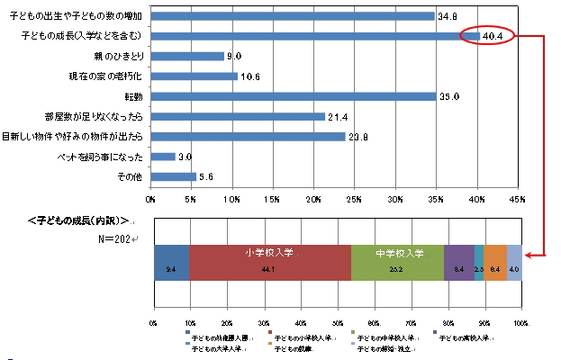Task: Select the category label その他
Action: (x=132, y=176)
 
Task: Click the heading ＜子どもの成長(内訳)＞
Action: (x=79, y=220)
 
